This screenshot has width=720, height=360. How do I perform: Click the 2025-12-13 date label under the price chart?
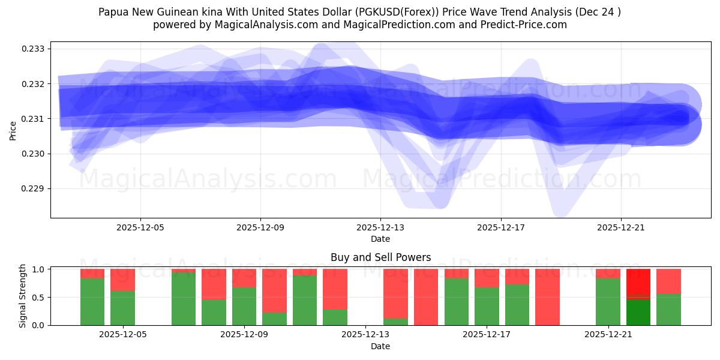pos(380,227)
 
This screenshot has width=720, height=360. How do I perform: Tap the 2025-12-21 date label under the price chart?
pos(620,227)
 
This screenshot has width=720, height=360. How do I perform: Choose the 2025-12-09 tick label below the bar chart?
pos(245,335)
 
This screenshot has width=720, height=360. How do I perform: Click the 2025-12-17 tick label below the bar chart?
pos(487,335)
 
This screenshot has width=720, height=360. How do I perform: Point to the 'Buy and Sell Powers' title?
pos(380,257)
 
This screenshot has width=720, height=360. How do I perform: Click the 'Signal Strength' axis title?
pos(23,296)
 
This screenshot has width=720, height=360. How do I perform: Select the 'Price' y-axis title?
pos(13,130)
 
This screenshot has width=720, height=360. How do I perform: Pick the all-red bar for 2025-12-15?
pos(426,297)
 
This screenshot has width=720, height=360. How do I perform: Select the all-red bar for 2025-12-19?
pos(547,297)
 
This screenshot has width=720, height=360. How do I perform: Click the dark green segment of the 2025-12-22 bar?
pos(638,313)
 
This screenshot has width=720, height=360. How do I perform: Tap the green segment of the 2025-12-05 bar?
pos(122,308)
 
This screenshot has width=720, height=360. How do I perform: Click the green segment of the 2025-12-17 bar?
pos(487,307)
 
